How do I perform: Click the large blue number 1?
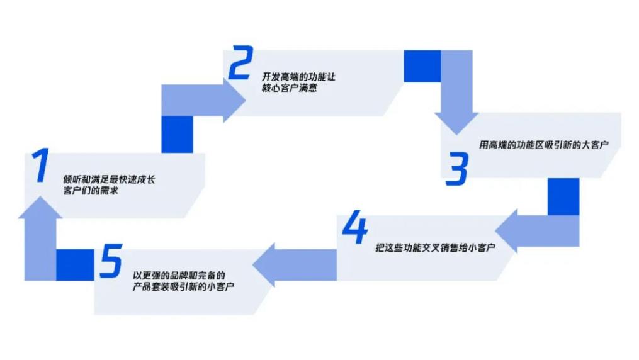[x=40, y=165]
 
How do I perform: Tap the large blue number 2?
[x=241, y=62]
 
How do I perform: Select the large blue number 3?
[x=457, y=169]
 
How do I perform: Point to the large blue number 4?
[x=355, y=227]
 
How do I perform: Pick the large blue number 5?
[x=111, y=261]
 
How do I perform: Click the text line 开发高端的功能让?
[x=298, y=77]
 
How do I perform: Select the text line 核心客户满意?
[x=290, y=88]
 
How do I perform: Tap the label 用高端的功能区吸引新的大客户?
[x=544, y=145]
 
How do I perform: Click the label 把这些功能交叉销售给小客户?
[x=435, y=247]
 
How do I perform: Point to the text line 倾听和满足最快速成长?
[x=109, y=179]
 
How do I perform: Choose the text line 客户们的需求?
[x=91, y=191]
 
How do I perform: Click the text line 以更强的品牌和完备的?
[x=179, y=276]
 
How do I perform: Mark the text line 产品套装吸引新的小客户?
[x=183, y=287]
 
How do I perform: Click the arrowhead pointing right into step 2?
[x=235, y=100]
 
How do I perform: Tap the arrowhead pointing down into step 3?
[x=456, y=124]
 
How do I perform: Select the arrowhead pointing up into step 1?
[x=40, y=207]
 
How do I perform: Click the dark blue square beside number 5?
[x=75, y=265]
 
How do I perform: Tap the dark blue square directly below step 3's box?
[x=563, y=197]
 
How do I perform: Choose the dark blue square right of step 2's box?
[x=422, y=66]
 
